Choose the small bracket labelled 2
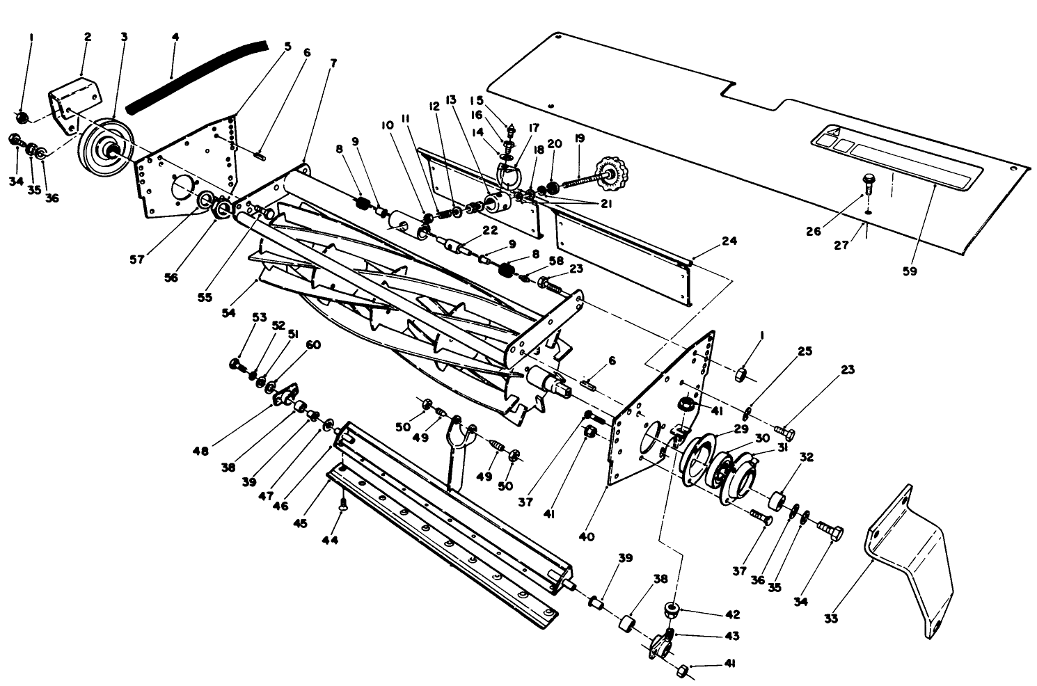click(x=73, y=104)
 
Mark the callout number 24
click(x=729, y=241)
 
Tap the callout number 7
click(x=333, y=63)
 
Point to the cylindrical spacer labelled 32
click(x=777, y=500)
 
